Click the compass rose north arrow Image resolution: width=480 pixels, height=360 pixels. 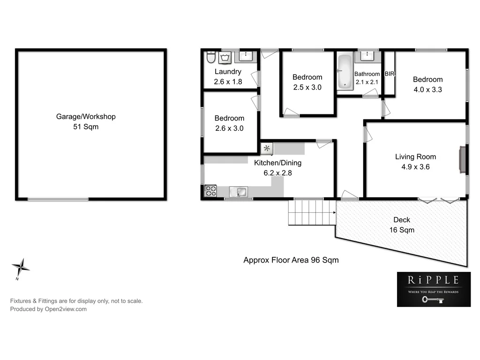pyautogui.click(x=21, y=268)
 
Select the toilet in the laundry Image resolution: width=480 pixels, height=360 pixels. pyautogui.click(x=210, y=57)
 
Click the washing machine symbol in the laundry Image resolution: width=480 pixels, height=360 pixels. pyautogui.click(x=225, y=57)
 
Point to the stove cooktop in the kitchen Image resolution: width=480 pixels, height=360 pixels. pyautogui.click(x=210, y=191)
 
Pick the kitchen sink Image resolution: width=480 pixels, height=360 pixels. pyautogui.click(x=240, y=192)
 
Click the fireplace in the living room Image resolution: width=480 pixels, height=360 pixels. pyautogui.click(x=462, y=160)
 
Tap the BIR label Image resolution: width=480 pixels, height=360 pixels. pyautogui.click(x=390, y=74)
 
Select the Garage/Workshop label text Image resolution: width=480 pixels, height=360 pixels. pyautogui.click(x=86, y=117)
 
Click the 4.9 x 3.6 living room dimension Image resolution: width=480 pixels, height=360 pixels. pyautogui.click(x=415, y=166)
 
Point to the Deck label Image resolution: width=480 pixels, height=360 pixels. pyautogui.click(x=402, y=220)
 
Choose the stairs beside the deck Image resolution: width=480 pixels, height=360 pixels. pyautogui.click(x=312, y=212)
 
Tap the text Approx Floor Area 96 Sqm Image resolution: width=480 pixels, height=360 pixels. pyautogui.click(x=291, y=260)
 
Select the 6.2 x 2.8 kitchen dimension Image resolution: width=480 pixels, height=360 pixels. pyautogui.click(x=277, y=172)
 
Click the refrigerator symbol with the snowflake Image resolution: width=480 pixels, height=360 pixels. pyautogui.click(x=267, y=149)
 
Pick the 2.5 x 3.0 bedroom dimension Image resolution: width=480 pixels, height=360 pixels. pyautogui.click(x=307, y=87)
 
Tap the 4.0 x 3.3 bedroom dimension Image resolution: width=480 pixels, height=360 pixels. pyautogui.click(x=427, y=89)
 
